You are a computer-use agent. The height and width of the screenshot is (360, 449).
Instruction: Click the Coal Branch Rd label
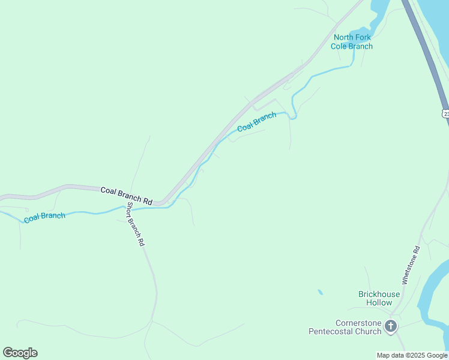pos(127,195)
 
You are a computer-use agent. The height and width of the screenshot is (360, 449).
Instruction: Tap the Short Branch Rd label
pos(135,225)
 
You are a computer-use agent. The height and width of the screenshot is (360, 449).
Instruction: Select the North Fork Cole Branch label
pos(352,41)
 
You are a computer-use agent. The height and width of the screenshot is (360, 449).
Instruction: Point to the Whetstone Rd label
pos(410,265)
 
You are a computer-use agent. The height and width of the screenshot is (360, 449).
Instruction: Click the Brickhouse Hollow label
pos(379,298)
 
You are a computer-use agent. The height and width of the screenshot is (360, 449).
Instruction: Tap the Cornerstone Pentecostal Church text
pos(345,327)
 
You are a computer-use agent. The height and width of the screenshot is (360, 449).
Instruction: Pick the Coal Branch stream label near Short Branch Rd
pos(44,216)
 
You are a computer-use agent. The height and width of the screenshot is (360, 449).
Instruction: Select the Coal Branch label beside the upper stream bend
pos(256,121)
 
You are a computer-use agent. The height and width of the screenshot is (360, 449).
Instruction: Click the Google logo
pos(20,353)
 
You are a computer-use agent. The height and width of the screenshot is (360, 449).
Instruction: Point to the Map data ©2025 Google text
pos(412,355)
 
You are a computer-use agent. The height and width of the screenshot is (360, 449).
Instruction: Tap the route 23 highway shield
pos(446,113)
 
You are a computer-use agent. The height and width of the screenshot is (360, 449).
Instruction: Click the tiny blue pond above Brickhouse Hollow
pos(320,292)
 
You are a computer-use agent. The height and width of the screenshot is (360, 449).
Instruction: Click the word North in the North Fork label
pos(343,37)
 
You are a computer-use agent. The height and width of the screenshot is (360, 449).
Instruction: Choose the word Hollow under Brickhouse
pos(379,302)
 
